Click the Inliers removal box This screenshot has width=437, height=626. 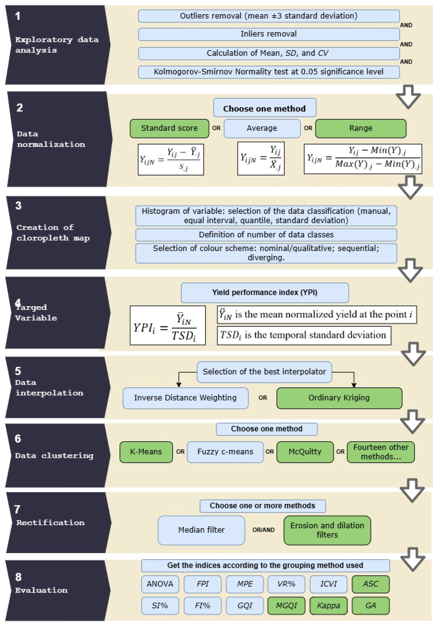269,34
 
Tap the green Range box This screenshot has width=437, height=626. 360,128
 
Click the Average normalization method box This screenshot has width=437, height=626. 262,128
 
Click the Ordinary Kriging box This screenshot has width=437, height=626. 339,398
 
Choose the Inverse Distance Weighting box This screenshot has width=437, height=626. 185,398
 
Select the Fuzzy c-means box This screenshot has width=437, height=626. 225,452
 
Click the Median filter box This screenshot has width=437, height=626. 201,530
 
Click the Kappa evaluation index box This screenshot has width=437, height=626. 328,606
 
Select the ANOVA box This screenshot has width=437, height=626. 160,584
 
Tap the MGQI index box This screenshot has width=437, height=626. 286,606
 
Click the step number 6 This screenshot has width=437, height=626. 18,439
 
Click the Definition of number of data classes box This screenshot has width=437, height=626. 266,235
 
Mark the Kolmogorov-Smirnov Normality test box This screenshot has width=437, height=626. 269,72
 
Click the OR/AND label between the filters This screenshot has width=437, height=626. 263,530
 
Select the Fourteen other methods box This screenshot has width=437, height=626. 380,452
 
